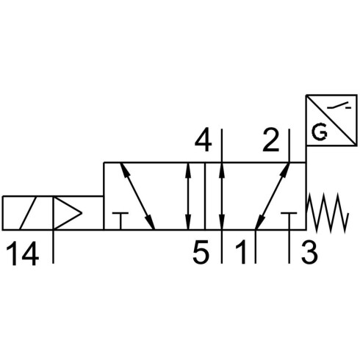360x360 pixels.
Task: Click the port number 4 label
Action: tap(203, 140)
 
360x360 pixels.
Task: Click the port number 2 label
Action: tap(270, 140)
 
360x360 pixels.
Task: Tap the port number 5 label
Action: tap(201, 252)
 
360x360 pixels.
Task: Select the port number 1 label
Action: tap(241, 252)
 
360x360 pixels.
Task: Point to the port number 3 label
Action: tap(309, 252)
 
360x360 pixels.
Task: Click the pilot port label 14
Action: tap(22, 253)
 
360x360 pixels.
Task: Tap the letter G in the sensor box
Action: tap(320, 133)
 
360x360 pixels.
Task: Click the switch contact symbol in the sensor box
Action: tap(339, 106)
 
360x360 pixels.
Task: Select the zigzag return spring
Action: tap(327, 213)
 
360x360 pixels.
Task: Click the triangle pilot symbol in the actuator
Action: tap(68, 213)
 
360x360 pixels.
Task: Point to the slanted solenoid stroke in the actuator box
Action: tap(28, 213)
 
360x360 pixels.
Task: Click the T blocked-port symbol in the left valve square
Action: tap(120, 221)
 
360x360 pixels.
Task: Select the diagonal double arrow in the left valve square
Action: tap(137, 196)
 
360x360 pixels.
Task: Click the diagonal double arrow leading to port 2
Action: tap(273, 196)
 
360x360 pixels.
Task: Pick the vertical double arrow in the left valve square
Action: tap(188, 196)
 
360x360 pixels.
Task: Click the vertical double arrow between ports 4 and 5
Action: tap(222, 196)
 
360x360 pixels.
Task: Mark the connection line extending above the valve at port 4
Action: tap(222, 145)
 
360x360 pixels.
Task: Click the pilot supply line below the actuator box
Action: tap(54, 247)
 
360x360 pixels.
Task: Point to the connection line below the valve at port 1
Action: tap(256, 247)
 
